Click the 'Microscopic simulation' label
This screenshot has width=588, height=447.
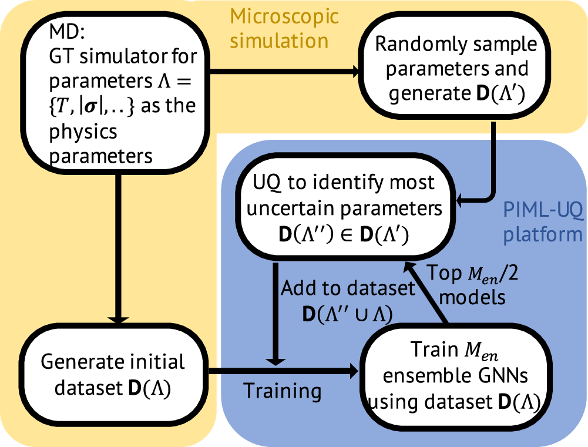(284, 28)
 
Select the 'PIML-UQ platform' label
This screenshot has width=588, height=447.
(542, 221)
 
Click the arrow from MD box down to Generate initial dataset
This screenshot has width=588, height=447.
(120, 247)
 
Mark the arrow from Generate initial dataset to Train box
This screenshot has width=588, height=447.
(282, 371)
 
